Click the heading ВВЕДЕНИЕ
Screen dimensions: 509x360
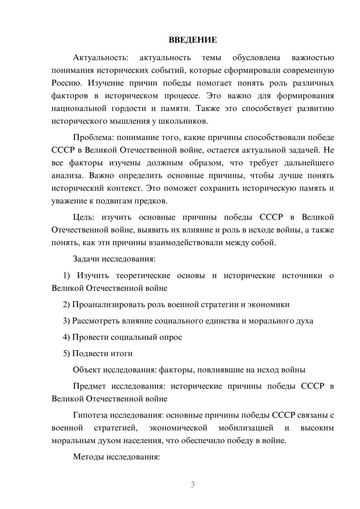[x=193, y=40]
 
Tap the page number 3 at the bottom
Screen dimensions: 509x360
[x=193, y=485]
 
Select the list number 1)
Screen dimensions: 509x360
[x=67, y=276]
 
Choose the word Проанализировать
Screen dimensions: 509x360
[x=108, y=305]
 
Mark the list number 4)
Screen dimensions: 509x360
[x=67, y=337]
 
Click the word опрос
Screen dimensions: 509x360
[x=171, y=337]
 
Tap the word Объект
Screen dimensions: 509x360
[x=87, y=370]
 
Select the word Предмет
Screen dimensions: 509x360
[x=89, y=386]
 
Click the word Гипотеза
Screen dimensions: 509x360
[x=90, y=415]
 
